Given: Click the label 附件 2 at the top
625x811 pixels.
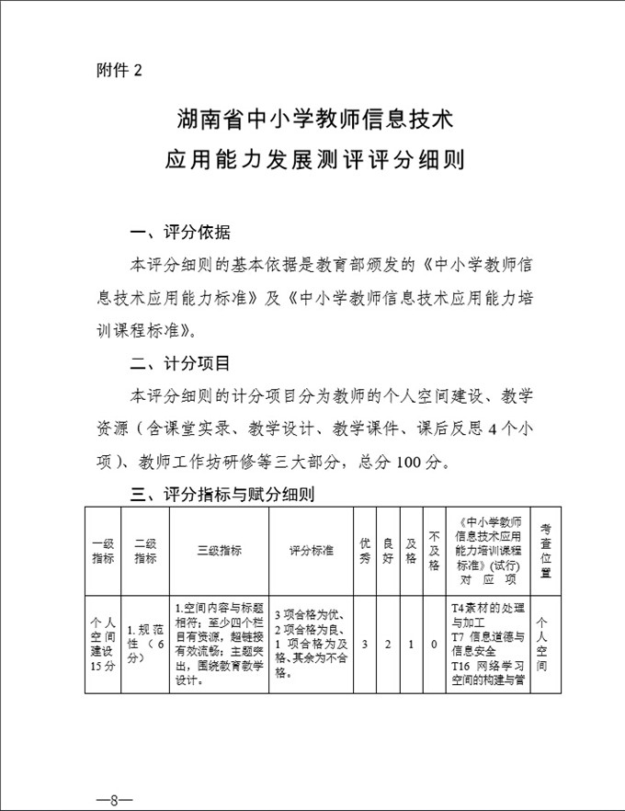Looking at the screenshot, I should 119,70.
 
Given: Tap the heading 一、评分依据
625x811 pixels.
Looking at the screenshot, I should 181,231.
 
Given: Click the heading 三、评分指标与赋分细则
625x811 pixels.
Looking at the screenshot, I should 223,495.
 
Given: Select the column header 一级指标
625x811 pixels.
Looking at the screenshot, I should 103,551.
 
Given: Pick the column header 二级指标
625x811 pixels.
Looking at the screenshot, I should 145,551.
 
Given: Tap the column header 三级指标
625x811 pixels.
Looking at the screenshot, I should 219,551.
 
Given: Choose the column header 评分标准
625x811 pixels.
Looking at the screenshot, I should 311,551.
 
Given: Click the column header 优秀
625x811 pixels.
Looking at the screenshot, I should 365,551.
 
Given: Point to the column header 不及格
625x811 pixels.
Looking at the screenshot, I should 434,551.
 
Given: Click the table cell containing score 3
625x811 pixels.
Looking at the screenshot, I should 365,645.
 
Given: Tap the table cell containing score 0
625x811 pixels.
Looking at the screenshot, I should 434,645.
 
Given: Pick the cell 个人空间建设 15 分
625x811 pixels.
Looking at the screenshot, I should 103,645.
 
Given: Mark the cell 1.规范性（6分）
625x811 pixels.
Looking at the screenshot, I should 145,645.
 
